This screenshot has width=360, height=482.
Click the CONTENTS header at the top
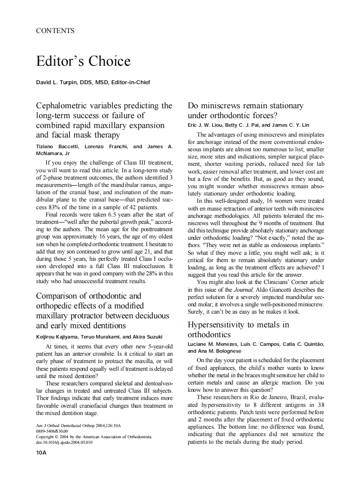(x=55, y=31)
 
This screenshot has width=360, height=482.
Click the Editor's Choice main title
(x=83, y=61)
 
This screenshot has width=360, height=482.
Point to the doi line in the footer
(x=64, y=442)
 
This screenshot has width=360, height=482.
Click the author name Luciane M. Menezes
(x=211, y=344)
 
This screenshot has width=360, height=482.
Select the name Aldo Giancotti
(x=270, y=290)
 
